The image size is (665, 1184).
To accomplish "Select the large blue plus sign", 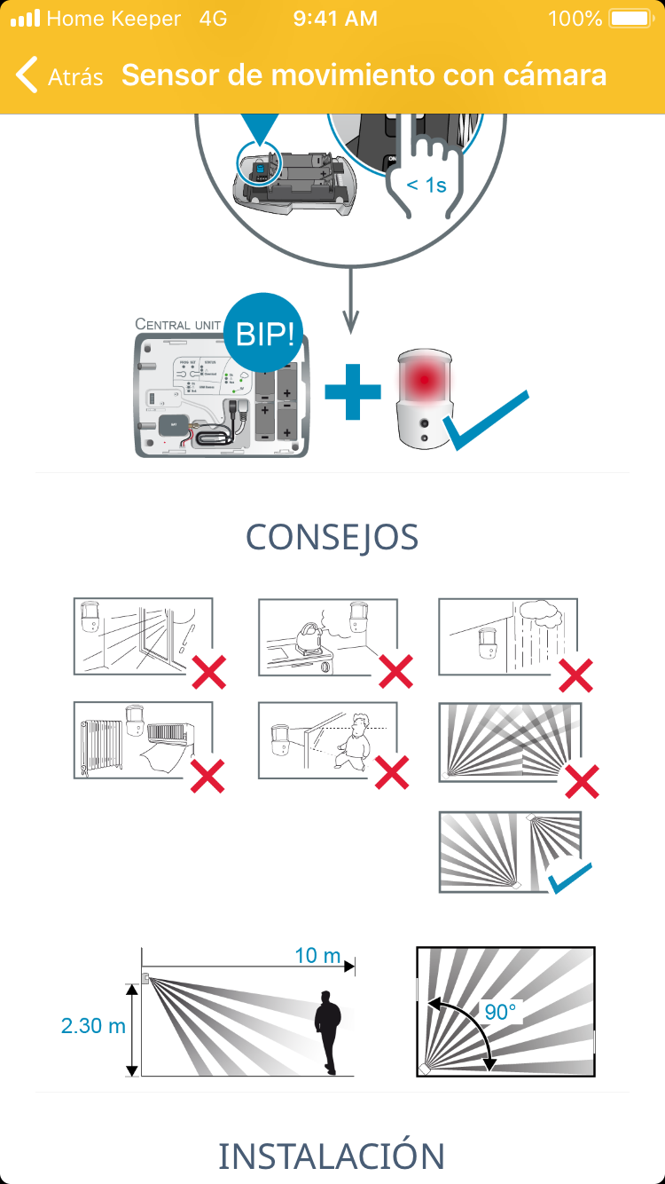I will click(352, 391).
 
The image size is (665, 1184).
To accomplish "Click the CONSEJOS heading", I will click(332, 538).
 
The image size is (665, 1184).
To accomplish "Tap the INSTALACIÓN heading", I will click(332, 1156).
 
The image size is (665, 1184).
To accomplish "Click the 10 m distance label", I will click(317, 956).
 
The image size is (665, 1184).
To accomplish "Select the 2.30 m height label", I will click(93, 1026).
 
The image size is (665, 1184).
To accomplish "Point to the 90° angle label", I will click(500, 1012).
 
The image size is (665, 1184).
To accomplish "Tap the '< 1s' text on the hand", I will click(427, 185).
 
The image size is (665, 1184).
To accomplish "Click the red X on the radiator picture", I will click(207, 774).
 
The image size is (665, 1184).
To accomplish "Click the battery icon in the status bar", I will click(630, 19).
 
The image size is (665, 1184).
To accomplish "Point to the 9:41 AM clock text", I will click(335, 19).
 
